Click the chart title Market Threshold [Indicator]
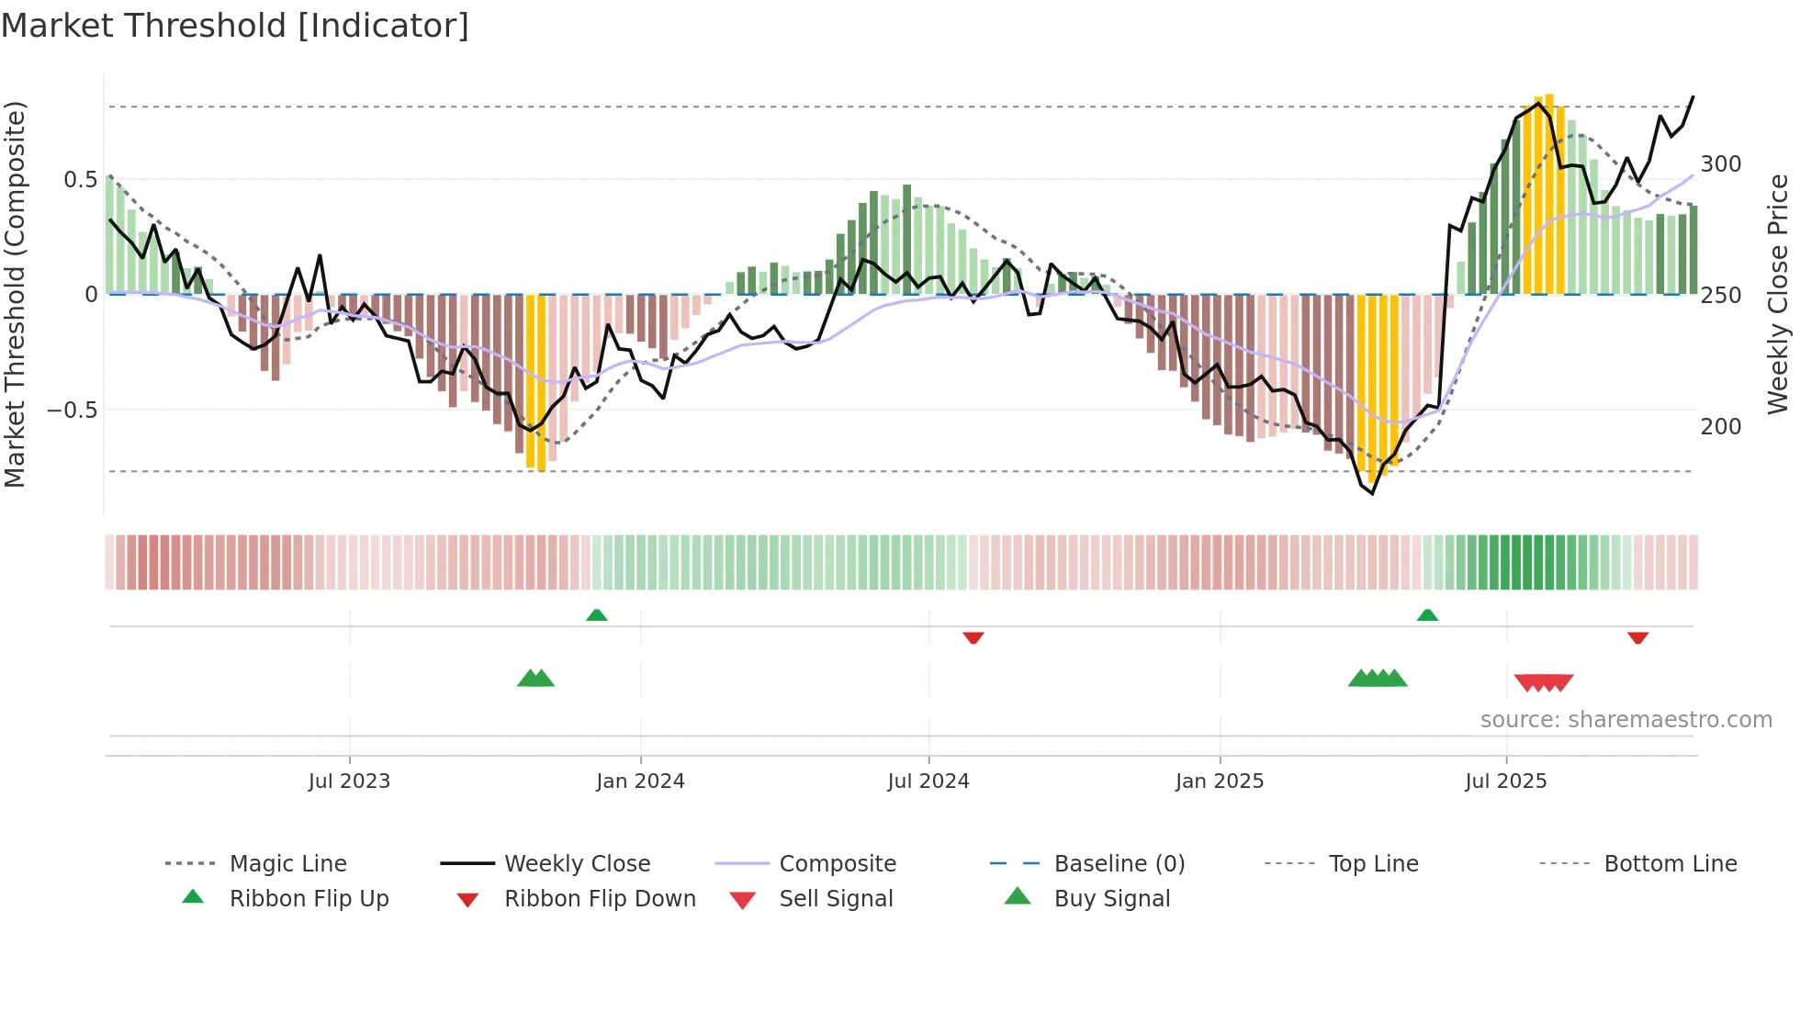pos(235,26)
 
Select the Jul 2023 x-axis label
pos(349,781)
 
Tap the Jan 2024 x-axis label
pos(640,781)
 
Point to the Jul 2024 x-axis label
pos(928,781)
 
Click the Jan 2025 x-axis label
pos(1219,781)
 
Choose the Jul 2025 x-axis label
pos(1505,781)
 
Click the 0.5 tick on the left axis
pos(80,180)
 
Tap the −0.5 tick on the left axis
pos(73,410)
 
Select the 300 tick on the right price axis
pos(1720,164)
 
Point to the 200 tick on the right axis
pos(1720,427)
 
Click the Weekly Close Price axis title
pos(1778,294)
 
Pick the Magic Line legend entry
pos(287,864)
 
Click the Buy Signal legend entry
pos(1111,899)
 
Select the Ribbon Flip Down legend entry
pos(599,899)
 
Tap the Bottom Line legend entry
pos(1670,864)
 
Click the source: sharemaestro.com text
pos(1626,720)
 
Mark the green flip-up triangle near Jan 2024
pos(597,615)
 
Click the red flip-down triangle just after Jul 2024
pos(973,637)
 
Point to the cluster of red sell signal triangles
pos(1544,682)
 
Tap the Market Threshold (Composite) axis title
pos(15,294)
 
